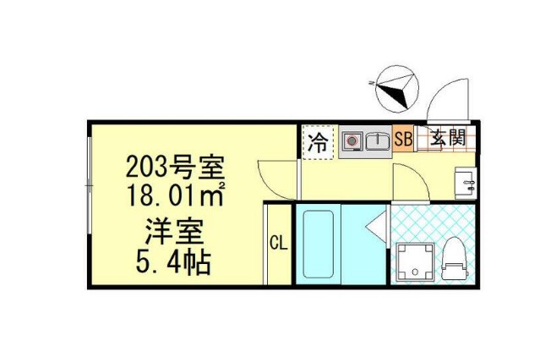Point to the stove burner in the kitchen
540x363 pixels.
tap(352, 140)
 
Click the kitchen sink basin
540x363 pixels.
tap(379, 140)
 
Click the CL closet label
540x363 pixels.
tap(278, 244)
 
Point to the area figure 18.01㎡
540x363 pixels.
tap(175, 195)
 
